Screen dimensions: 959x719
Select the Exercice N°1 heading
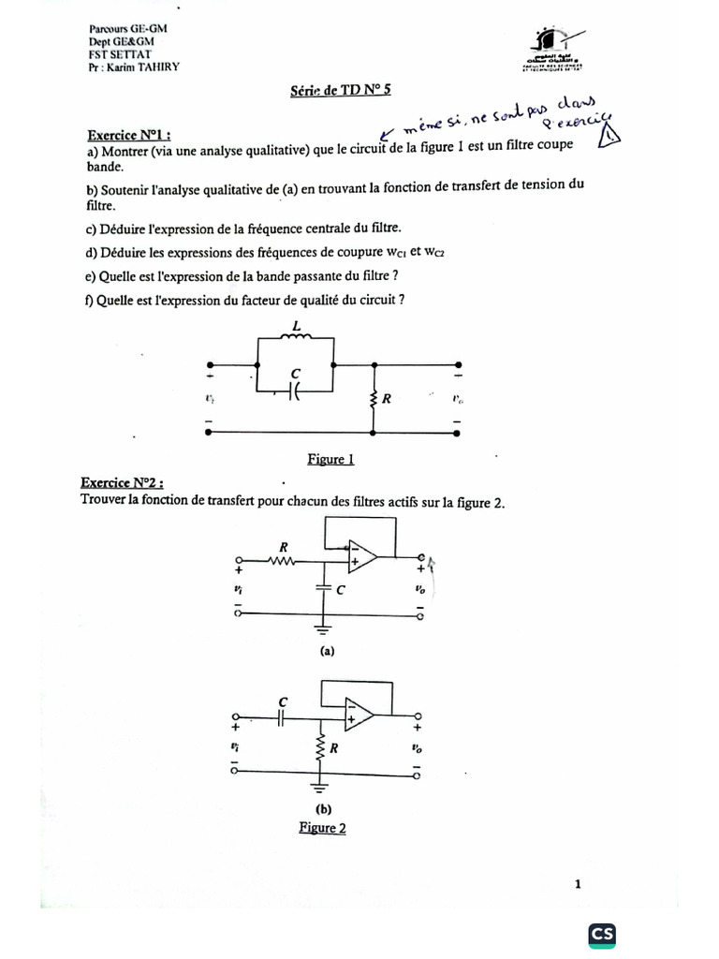pos(130,135)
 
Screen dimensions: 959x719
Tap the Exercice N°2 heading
pos(123,483)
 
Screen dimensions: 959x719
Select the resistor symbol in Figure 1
pos(374,399)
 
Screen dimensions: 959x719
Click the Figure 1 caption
pos(330,459)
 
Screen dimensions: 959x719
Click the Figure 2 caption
pos(322,828)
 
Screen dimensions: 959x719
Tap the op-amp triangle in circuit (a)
pos(361,557)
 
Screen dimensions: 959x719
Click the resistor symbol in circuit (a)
pos(283,561)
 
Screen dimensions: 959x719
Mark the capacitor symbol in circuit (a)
pos(323,587)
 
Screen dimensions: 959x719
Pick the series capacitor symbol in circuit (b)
pos(283,717)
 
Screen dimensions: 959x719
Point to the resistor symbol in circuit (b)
pos(322,749)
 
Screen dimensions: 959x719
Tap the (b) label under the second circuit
pos(324,810)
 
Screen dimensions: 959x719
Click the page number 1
pos(579,883)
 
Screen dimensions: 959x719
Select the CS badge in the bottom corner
pos(602,934)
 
